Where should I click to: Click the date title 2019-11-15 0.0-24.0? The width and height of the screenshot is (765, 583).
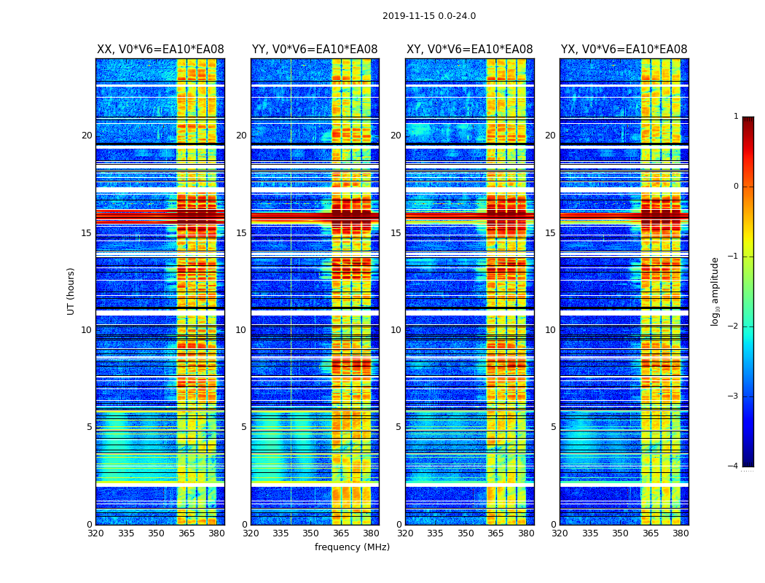[x=428, y=16]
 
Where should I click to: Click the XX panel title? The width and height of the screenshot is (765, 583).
[x=160, y=50]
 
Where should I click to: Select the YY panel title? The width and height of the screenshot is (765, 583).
[x=315, y=50]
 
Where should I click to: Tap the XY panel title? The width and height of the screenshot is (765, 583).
[x=469, y=50]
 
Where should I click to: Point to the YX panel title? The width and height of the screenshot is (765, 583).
[x=624, y=50]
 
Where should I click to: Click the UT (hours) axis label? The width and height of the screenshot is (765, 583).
[x=71, y=291]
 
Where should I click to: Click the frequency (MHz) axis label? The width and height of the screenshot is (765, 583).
[x=352, y=547]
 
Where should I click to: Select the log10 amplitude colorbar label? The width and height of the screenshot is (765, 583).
[x=715, y=291]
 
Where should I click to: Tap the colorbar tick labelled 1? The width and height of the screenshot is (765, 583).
[x=735, y=117]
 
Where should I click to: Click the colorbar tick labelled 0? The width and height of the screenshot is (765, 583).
[x=735, y=187]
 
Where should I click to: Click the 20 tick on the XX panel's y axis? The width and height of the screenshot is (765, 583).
[x=87, y=136]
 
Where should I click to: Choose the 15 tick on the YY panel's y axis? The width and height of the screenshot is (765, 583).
[x=241, y=233]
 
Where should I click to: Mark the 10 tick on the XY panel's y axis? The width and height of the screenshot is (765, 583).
[x=396, y=330]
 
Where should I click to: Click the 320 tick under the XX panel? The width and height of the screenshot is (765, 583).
[x=95, y=533]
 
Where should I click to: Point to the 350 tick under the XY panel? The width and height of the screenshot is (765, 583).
[x=466, y=533]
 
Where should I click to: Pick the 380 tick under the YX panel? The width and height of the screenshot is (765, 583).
[x=680, y=533]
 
